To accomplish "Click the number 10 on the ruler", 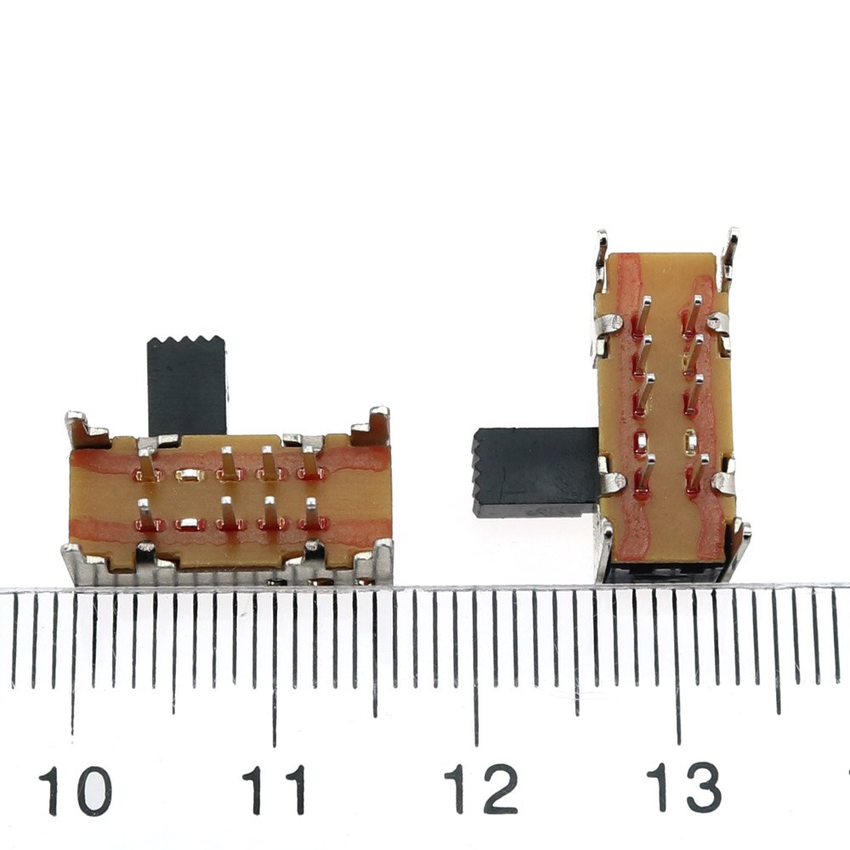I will pos(75,790).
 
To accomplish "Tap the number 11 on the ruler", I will pos(274,790).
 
